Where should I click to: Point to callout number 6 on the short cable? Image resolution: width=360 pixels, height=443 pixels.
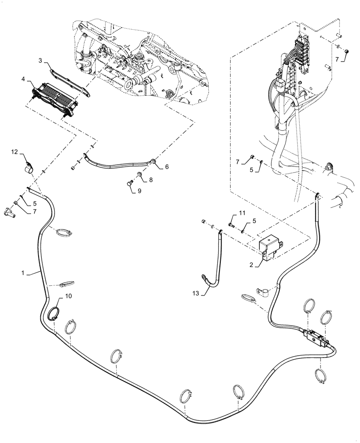coord(167,167)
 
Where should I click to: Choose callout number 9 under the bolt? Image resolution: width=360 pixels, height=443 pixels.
coord(140,191)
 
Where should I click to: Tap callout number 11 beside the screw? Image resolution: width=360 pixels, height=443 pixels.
coord(241,214)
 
